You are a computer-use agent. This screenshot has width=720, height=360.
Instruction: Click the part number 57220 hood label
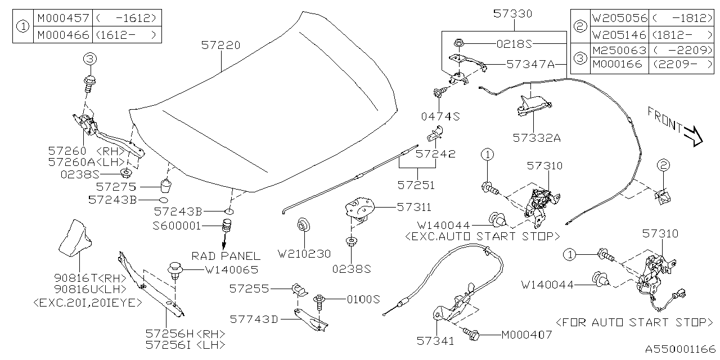pyautogui.click(x=220, y=44)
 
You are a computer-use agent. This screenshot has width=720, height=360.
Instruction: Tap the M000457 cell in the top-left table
pyautogui.click(x=63, y=18)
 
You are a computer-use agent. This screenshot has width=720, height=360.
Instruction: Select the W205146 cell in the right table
pyautogui.click(x=619, y=35)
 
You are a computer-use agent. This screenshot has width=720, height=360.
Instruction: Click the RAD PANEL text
pyautogui.click(x=226, y=256)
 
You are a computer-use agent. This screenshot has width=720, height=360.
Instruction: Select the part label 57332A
pyautogui.click(x=537, y=137)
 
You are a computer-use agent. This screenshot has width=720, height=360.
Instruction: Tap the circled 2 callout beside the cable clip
pyautogui.click(x=663, y=165)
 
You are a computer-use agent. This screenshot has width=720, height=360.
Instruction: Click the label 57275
pyautogui.click(x=115, y=186)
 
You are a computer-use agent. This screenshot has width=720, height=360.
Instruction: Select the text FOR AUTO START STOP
pyautogui.click(x=633, y=322)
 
